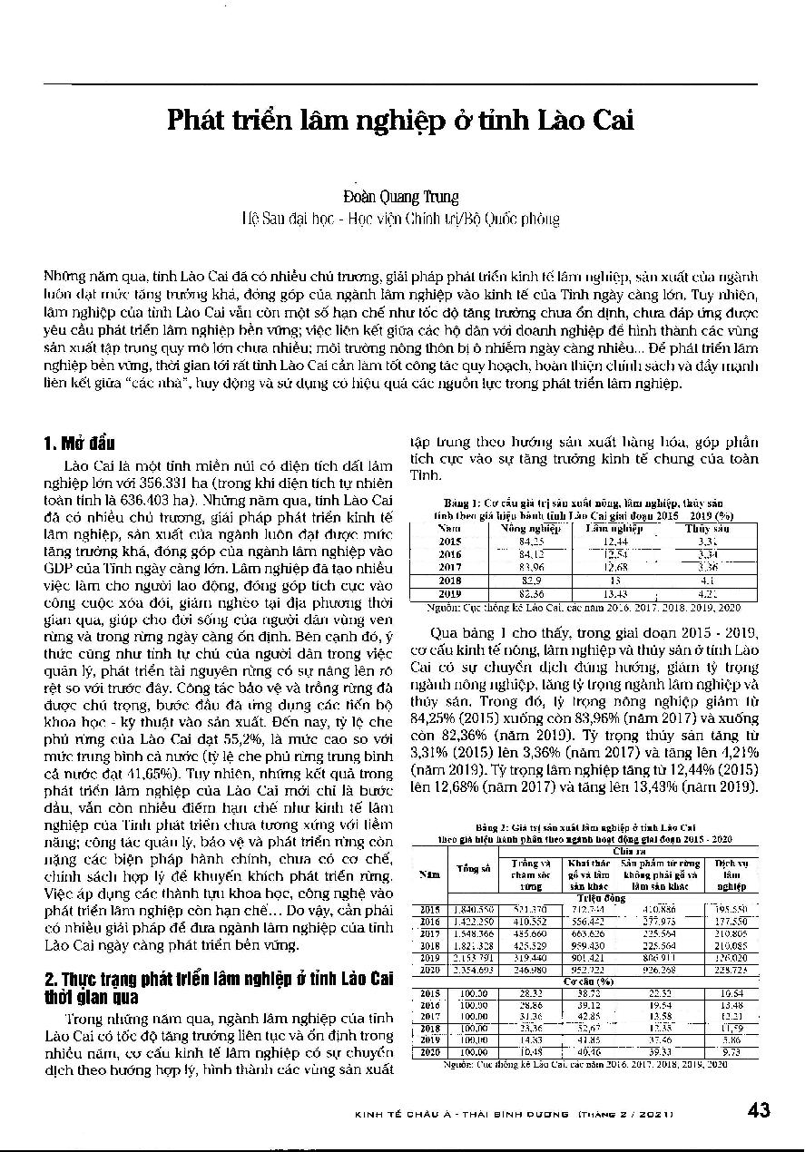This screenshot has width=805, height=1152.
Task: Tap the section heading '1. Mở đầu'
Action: point(79,444)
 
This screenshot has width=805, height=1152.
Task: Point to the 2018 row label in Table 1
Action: point(450,579)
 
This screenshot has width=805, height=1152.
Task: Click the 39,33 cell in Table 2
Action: point(660,1052)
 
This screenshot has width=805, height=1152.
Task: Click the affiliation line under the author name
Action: point(400,219)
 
